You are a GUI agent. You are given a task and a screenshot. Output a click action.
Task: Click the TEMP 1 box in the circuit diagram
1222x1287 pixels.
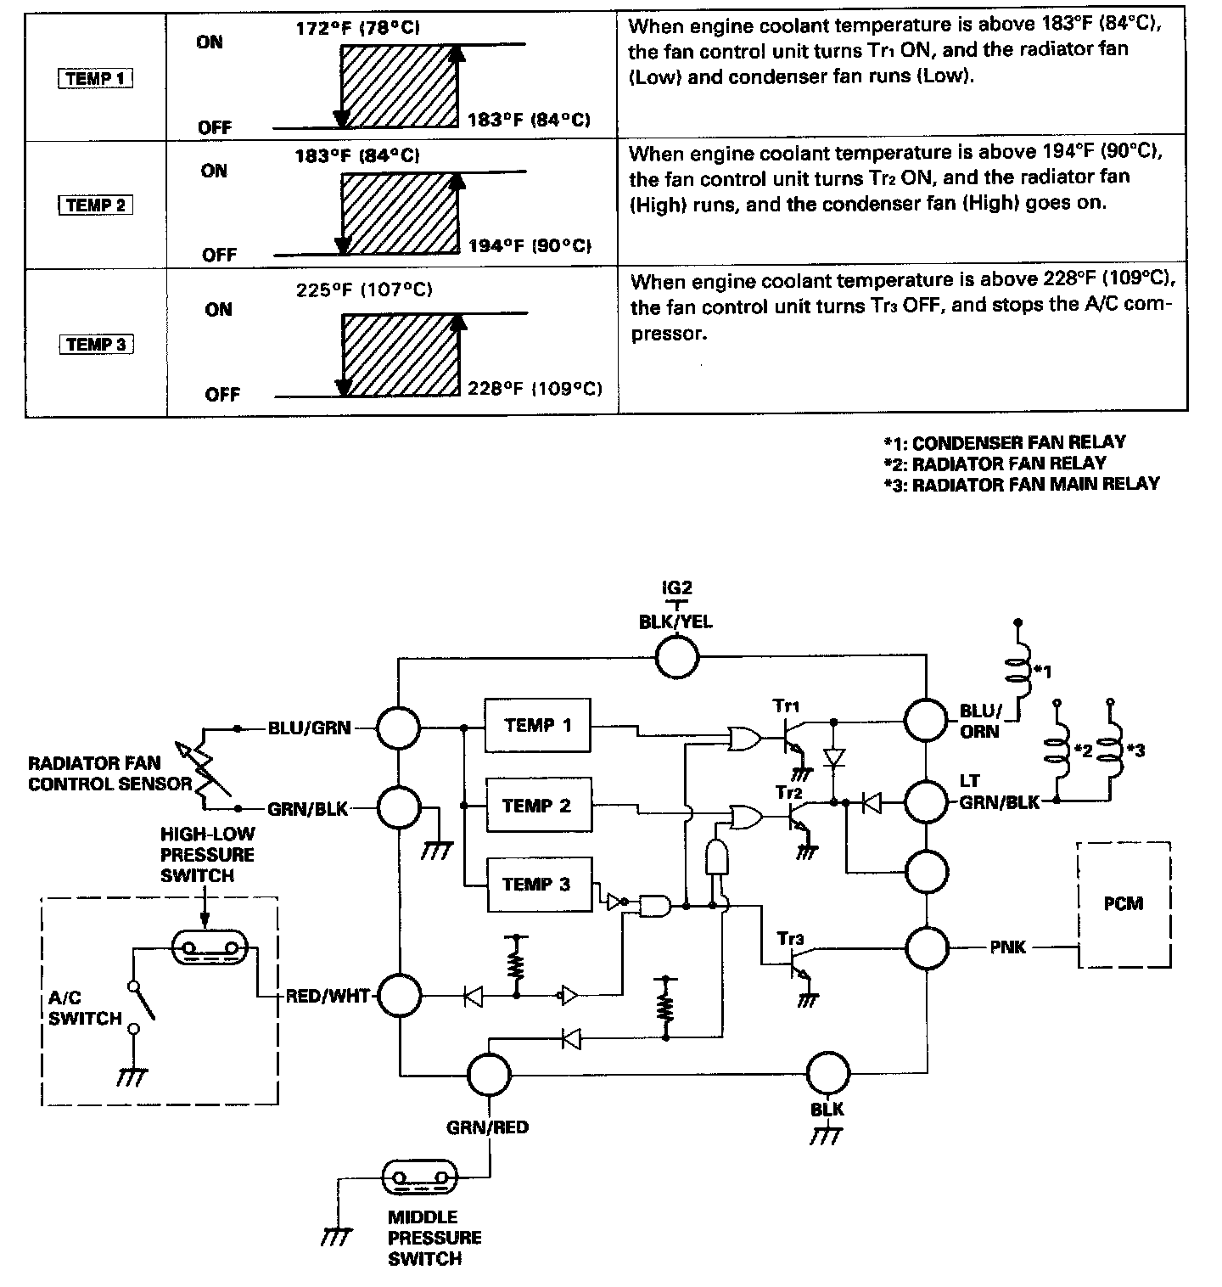coord(537,725)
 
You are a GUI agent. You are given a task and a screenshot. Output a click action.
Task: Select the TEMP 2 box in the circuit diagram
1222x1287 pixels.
coord(537,806)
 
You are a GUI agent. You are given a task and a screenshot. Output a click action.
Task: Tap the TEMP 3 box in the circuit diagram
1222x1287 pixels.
coord(537,885)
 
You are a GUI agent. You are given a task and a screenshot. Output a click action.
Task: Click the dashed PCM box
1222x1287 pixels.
coord(1124,904)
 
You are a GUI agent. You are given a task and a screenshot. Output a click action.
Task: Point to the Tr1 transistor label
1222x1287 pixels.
coord(787,705)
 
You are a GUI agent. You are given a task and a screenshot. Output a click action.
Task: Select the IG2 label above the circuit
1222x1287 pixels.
coord(676,587)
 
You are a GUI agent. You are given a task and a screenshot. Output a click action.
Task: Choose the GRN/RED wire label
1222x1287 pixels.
coord(487,1127)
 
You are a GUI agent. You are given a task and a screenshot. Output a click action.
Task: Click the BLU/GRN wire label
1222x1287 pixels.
coord(309,728)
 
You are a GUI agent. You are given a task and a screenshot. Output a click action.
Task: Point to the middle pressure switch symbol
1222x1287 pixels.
coord(420,1177)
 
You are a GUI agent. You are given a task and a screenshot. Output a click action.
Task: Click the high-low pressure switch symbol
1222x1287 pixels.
coord(209,947)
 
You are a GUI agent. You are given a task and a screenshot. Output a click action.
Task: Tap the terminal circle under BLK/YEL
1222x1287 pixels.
coord(676,656)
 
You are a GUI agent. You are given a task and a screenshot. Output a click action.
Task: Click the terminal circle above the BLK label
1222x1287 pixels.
coord(827,1074)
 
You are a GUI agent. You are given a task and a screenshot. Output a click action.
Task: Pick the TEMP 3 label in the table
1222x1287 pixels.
coord(96,345)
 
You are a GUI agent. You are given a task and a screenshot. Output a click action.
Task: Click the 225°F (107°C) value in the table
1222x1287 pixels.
coord(364,289)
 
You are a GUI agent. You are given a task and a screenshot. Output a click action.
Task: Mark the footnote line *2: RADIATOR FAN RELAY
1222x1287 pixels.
coord(995,464)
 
